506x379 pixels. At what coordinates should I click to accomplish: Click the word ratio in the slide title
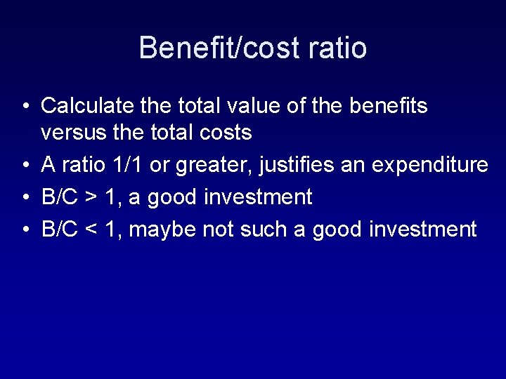point(337,48)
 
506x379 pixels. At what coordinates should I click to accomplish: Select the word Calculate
point(88,106)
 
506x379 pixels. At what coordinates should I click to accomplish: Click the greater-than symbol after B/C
point(91,198)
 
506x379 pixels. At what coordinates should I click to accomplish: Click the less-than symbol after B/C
point(91,230)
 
